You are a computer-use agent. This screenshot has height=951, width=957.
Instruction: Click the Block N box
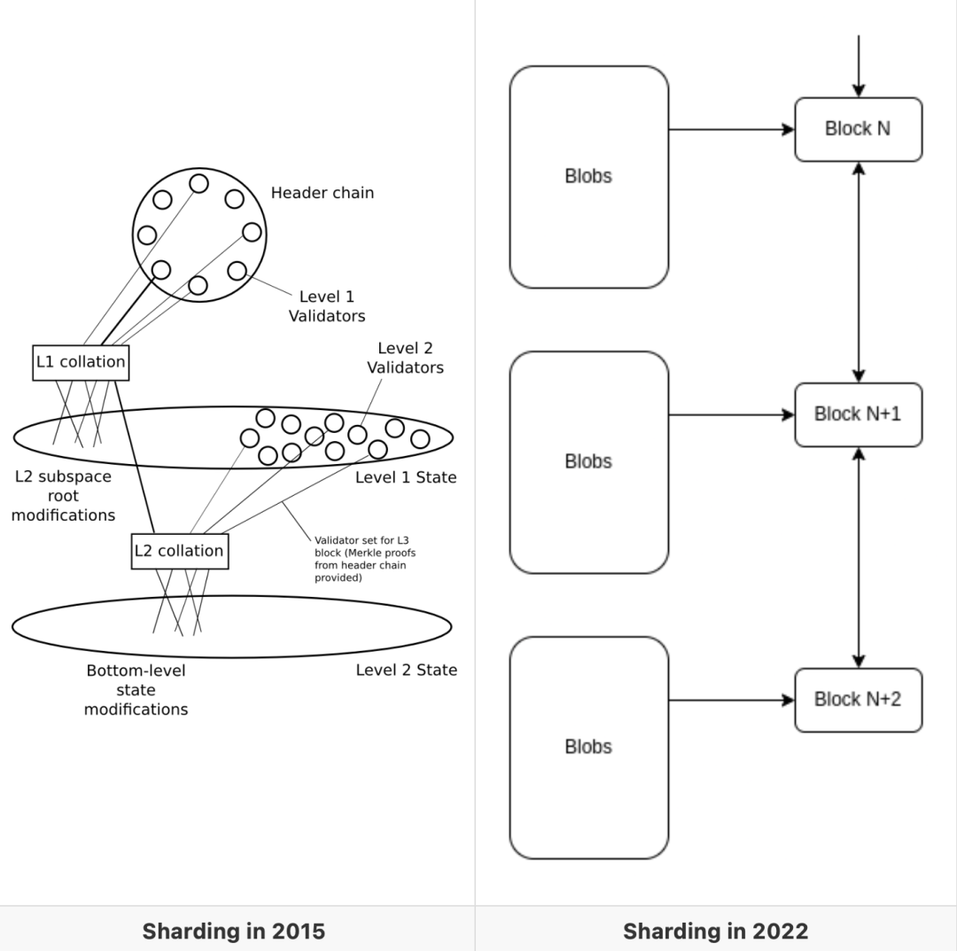point(858,129)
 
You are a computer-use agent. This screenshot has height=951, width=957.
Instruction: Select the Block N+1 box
point(858,414)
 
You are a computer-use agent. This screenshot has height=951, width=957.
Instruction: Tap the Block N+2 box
point(858,700)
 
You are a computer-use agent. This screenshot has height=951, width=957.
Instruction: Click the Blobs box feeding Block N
point(588,176)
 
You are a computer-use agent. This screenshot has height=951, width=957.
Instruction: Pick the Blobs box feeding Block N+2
point(588,747)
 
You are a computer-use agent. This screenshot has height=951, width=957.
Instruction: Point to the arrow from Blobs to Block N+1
point(731,414)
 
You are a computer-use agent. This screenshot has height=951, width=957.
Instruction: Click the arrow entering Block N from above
point(858,66)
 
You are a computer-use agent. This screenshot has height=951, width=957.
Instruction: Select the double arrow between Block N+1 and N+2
point(858,557)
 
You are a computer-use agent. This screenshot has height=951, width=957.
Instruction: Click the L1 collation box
point(80,362)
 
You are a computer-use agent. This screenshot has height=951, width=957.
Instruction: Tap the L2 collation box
point(179,551)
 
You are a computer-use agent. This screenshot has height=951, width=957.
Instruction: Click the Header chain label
point(323,192)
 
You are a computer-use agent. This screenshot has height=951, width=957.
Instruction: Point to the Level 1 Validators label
point(327,305)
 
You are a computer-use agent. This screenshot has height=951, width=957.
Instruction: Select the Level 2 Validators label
point(405,358)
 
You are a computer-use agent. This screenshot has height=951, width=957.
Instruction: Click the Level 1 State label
point(406,477)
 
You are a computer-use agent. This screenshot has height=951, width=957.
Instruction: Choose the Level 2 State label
point(406,669)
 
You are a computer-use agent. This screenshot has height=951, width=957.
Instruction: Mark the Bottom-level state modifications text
point(136,690)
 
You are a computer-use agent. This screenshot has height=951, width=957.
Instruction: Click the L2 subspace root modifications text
point(63,495)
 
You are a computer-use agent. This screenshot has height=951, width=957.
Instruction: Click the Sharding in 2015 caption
point(234,931)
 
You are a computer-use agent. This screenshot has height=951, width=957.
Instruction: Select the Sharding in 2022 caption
point(715,931)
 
